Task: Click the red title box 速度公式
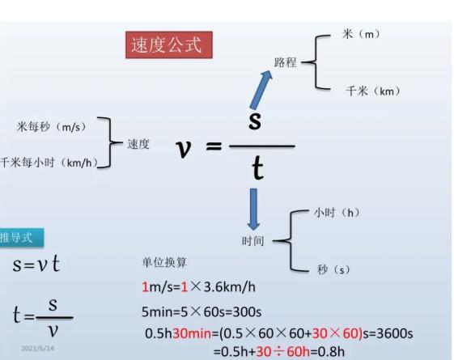pos(169,44)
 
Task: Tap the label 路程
pos(286,62)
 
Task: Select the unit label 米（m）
pos(361,34)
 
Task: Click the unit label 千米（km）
pos(373,91)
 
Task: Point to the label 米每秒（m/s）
pos(52,127)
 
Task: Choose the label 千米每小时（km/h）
pos(49,163)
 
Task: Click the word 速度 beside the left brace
pos(138,144)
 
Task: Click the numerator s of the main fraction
pos(255,120)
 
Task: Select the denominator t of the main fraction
pos(257,168)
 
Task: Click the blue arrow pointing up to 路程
pos(261,90)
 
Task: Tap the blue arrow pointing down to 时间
pos(253,209)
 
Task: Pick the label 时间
pos(252,241)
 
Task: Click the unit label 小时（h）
pos(337,213)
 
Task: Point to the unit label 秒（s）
pos(333,269)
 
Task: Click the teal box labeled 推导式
pos(22,238)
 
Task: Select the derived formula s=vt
pos(36,264)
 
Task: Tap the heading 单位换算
pos(164,262)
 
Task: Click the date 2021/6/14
pos(38,348)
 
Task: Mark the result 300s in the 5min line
pos(247,311)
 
